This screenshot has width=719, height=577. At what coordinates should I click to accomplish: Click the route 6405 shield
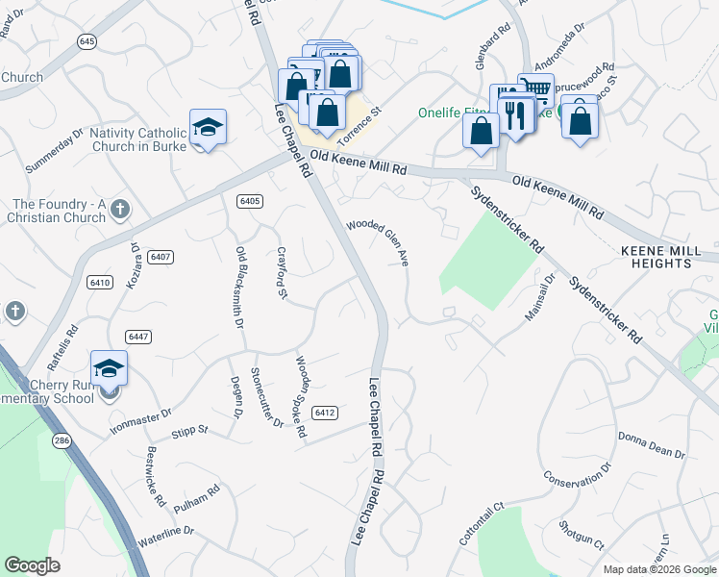[x=249, y=200]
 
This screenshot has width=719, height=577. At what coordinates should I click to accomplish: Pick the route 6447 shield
[x=138, y=336]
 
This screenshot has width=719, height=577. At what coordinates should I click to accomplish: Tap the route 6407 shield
[x=161, y=257]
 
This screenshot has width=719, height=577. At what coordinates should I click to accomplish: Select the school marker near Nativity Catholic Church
[x=208, y=129]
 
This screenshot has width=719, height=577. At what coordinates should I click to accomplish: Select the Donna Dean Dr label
[x=651, y=445]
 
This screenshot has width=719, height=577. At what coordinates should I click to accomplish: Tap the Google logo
[x=34, y=565]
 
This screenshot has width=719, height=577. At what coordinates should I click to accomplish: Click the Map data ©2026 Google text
[x=658, y=569]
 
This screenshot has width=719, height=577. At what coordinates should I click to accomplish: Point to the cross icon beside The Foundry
[x=119, y=209]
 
